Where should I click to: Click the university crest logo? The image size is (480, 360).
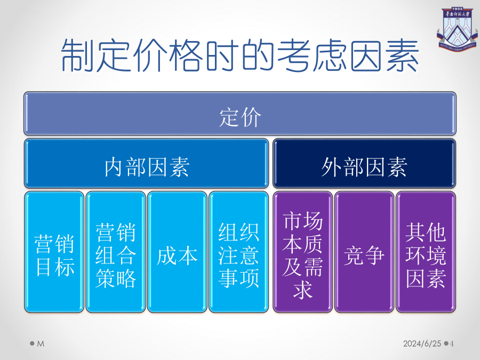tap(457, 30)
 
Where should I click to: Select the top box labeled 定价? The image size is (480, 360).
tap(240, 114)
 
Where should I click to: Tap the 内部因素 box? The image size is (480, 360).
tap(146, 163)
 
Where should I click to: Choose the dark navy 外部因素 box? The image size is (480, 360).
tap(364, 163)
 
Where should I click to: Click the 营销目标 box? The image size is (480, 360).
tap(54, 252)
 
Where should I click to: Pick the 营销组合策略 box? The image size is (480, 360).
tap(116, 252)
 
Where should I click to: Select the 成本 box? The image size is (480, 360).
tap(177, 252)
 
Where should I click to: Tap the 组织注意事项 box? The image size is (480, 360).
tap(239, 252)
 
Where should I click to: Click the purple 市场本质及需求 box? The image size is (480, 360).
tap(303, 252)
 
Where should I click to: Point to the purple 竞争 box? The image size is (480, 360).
tap(364, 252)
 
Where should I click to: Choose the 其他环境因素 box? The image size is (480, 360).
tap(426, 252)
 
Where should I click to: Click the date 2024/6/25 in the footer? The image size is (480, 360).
tap(422, 343)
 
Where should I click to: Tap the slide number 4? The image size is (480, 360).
tap(452, 343)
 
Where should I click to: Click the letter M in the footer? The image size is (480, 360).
tap(41, 344)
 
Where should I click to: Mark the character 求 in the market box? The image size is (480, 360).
tap(303, 289)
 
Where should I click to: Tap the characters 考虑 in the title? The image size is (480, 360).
tap(312, 55)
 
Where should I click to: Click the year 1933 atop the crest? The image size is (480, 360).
tap(457, 9)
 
